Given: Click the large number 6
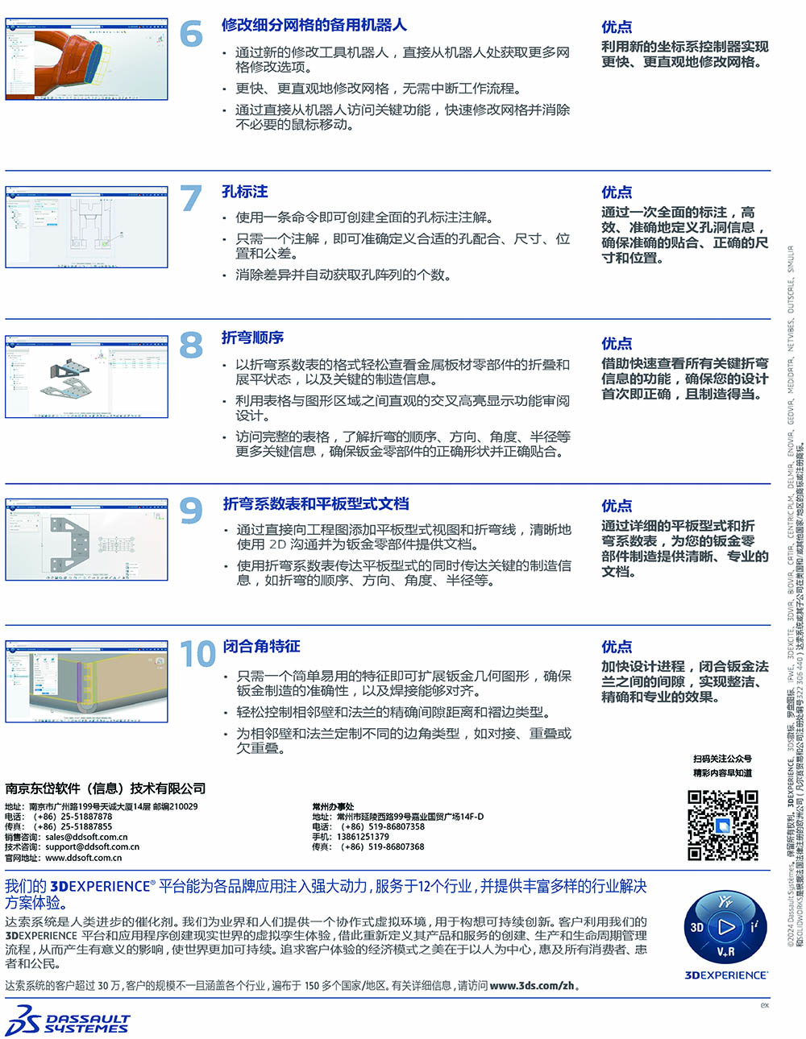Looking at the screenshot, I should tap(191, 34).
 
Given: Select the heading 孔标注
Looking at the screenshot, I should tap(244, 192).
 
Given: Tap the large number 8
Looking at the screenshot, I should tap(191, 346).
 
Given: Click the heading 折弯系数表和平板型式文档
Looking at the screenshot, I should tap(316, 504).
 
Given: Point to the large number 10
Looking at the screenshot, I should tap(197, 654).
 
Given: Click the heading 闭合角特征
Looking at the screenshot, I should tap(261, 647).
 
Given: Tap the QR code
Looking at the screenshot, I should tap(722, 826).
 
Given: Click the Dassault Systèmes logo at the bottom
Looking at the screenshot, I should tap(68, 1021).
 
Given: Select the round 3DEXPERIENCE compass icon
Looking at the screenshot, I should tap(725, 927).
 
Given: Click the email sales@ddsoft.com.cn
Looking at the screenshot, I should tap(86, 837).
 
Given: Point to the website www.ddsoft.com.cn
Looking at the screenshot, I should tap(83, 858).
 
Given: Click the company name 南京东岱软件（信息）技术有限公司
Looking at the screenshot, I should tap(106, 789).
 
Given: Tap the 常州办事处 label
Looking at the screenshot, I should tap(333, 806).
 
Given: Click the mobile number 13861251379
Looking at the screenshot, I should tap(363, 837).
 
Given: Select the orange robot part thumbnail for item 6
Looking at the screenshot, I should tap(86, 58).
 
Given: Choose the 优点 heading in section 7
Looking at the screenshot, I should tap(617, 192).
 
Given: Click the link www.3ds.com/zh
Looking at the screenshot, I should tap(532, 986).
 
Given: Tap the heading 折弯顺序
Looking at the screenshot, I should tap(252, 337).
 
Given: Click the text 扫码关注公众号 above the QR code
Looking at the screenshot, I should tap(722, 759).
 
